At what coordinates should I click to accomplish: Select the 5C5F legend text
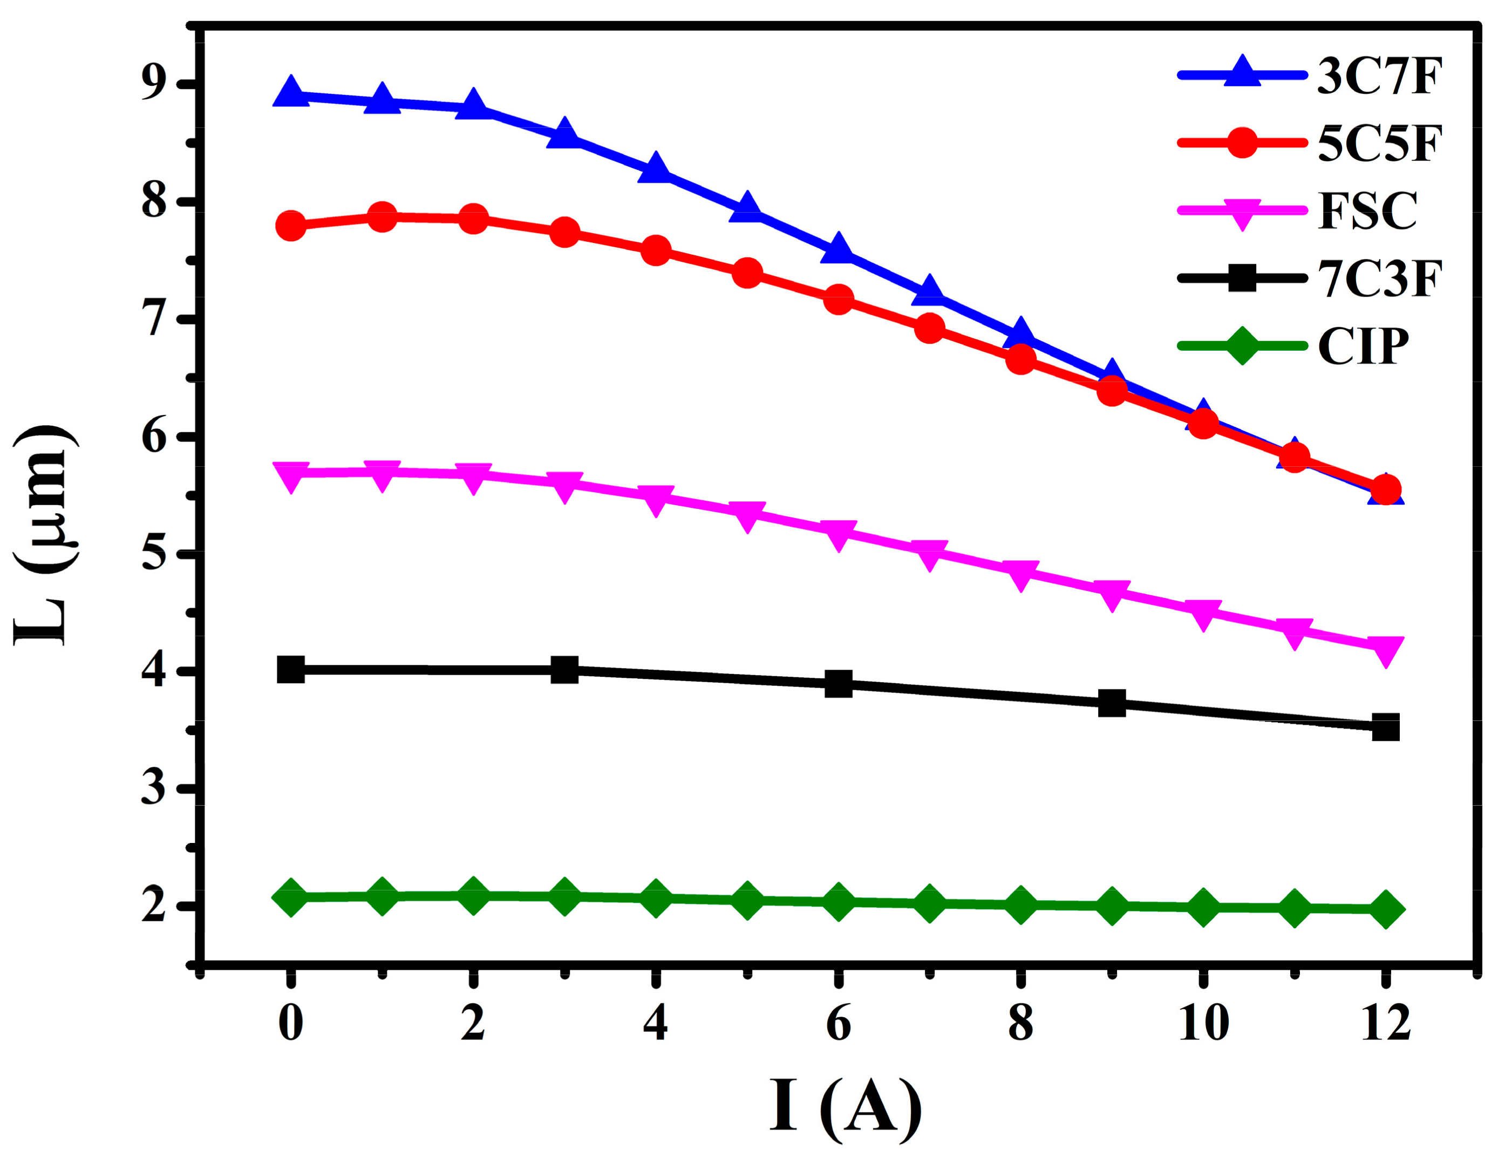click(x=1380, y=145)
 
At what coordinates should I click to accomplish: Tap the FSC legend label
click(x=1367, y=210)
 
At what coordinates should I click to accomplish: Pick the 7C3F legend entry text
click(x=1380, y=278)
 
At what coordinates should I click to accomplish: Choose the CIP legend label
click(x=1363, y=346)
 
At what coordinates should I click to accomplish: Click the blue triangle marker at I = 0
click(x=291, y=93)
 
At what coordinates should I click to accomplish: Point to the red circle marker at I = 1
click(x=382, y=217)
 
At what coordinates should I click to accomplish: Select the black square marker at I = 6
click(x=838, y=683)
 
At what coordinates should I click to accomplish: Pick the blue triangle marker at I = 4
click(x=656, y=169)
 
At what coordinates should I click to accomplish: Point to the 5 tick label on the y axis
click(x=154, y=554)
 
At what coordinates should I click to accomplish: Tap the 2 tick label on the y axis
click(x=154, y=907)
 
